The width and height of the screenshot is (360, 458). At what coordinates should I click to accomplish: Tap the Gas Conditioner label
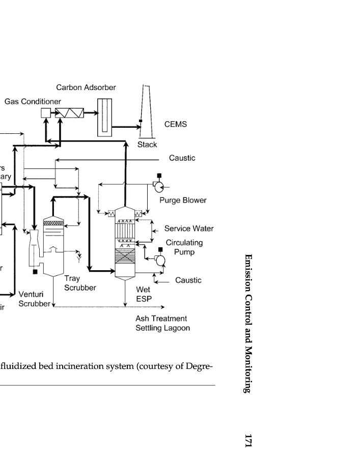pos(33,102)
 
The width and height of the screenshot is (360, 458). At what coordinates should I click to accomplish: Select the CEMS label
pos(176,124)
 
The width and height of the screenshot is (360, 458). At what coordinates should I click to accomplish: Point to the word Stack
pos(147,145)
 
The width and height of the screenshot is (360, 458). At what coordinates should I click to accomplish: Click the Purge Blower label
pos(183,201)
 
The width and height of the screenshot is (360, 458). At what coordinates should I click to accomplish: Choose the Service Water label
pos(188,229)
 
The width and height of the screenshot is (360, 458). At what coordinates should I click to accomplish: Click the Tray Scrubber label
pos(80,283)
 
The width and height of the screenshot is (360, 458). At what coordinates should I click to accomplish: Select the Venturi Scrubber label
pos(34,299)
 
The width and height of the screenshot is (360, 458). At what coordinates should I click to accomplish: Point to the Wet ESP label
pos(143,294)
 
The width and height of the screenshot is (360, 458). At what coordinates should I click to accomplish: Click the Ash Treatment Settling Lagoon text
pos(162,324)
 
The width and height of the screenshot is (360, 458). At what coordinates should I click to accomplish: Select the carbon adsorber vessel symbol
pos(105,117)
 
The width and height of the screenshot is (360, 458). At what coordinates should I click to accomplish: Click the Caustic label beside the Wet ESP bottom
pos(188,280)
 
